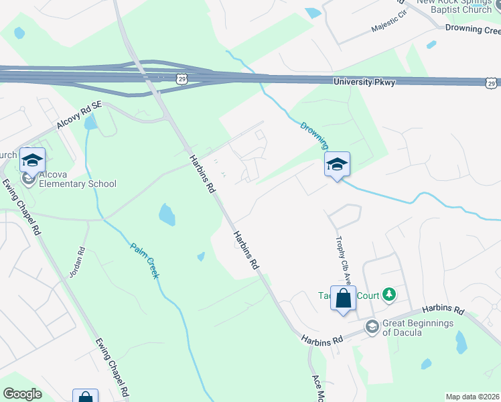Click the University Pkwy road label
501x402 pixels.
(364, 82)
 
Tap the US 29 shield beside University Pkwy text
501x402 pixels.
(491, 82)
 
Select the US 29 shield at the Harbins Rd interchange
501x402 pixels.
(182, 79)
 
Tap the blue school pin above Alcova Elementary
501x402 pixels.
(32, 160)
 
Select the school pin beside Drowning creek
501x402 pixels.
(337, 164)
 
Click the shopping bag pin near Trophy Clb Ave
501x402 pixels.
(343, 299)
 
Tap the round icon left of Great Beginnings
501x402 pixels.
(372, 326)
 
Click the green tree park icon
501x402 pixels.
(388, 295)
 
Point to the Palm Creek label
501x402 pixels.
(144, 259)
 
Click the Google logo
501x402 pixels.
(22, 394)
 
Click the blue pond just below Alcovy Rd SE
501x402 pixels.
(90, 123)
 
